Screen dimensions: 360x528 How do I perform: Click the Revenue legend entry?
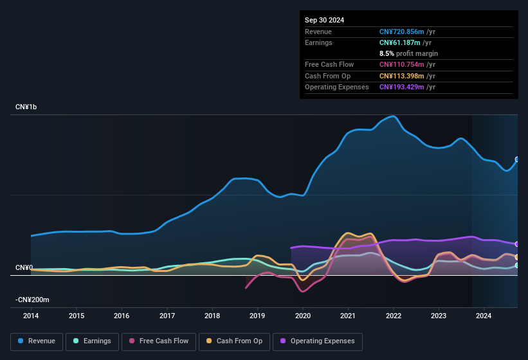coord(37,341)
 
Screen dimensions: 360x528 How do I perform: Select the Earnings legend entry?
coord(92,341)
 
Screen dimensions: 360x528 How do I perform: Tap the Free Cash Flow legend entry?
coord(159,341)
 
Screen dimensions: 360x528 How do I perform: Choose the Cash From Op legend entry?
coord(234,341)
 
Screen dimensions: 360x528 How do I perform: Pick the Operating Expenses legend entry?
coord(318,341)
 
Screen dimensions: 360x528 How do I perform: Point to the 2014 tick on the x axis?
coord(31,316)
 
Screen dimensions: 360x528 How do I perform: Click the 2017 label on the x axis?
coord(167,316)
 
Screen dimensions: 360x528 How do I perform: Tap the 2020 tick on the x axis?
coord(303,316)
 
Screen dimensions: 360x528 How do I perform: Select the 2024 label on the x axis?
coord(484,316)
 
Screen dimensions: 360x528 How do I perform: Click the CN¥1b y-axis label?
coord(26,107)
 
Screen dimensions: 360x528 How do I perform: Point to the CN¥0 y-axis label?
coord(24,267)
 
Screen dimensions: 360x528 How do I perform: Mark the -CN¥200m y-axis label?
coord(32,300)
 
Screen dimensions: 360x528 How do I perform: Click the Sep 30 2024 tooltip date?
coord(324,20)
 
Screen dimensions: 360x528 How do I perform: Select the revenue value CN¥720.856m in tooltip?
coord(401,32)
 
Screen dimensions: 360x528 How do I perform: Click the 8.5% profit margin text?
coord(408,53)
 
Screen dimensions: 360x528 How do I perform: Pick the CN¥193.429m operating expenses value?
coord(401,87)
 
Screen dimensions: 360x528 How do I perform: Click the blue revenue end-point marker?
coord(517,159)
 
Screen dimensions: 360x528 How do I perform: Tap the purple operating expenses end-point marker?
coord(517,244)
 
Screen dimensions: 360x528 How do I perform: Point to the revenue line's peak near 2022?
coord(392,116)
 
